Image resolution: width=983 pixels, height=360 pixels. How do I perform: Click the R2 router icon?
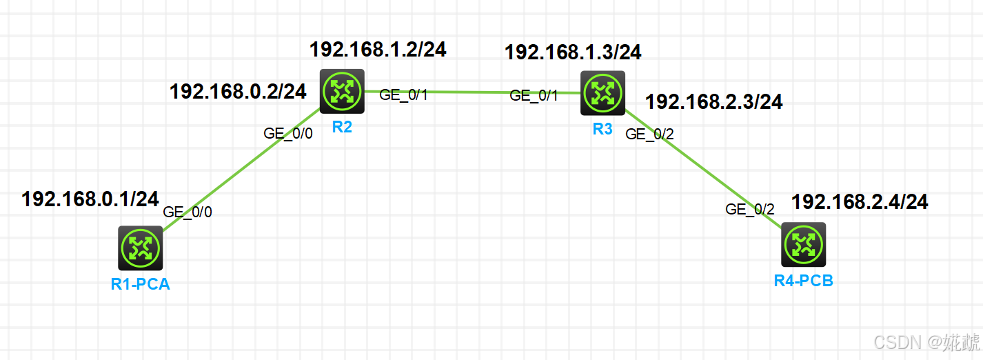tap(342, 91)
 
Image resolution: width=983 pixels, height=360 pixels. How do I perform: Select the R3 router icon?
tap(602, 93)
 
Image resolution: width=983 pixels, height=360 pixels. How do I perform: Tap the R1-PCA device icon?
tap(140, 248)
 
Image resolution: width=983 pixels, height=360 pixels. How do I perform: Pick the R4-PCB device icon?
tap(803, 244)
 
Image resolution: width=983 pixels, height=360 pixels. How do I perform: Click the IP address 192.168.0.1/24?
tap(90, 199)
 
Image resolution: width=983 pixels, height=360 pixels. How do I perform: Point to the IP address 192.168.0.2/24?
tap(238, 91)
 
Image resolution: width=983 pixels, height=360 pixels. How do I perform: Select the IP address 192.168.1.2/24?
tap(378, 49)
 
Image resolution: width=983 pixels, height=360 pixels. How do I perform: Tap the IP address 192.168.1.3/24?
tap(573, 52)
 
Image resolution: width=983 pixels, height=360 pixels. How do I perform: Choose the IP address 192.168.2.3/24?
tap(713, 102)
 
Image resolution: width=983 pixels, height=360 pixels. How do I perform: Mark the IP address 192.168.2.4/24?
tap(860, 202)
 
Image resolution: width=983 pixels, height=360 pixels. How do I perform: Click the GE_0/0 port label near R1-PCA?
tap(188, 212)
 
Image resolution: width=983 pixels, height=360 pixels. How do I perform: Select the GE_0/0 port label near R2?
tap(288, 134)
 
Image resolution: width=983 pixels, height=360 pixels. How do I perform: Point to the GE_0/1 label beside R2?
tap(403, 95)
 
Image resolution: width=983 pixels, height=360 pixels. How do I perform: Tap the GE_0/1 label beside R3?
tap(534, 96)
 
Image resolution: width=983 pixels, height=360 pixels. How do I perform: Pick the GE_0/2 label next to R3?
tap(649, 134)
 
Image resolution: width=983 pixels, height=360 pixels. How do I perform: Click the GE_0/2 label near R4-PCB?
tap(750, 210)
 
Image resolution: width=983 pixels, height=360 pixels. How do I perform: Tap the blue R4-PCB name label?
tap(803, 281)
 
